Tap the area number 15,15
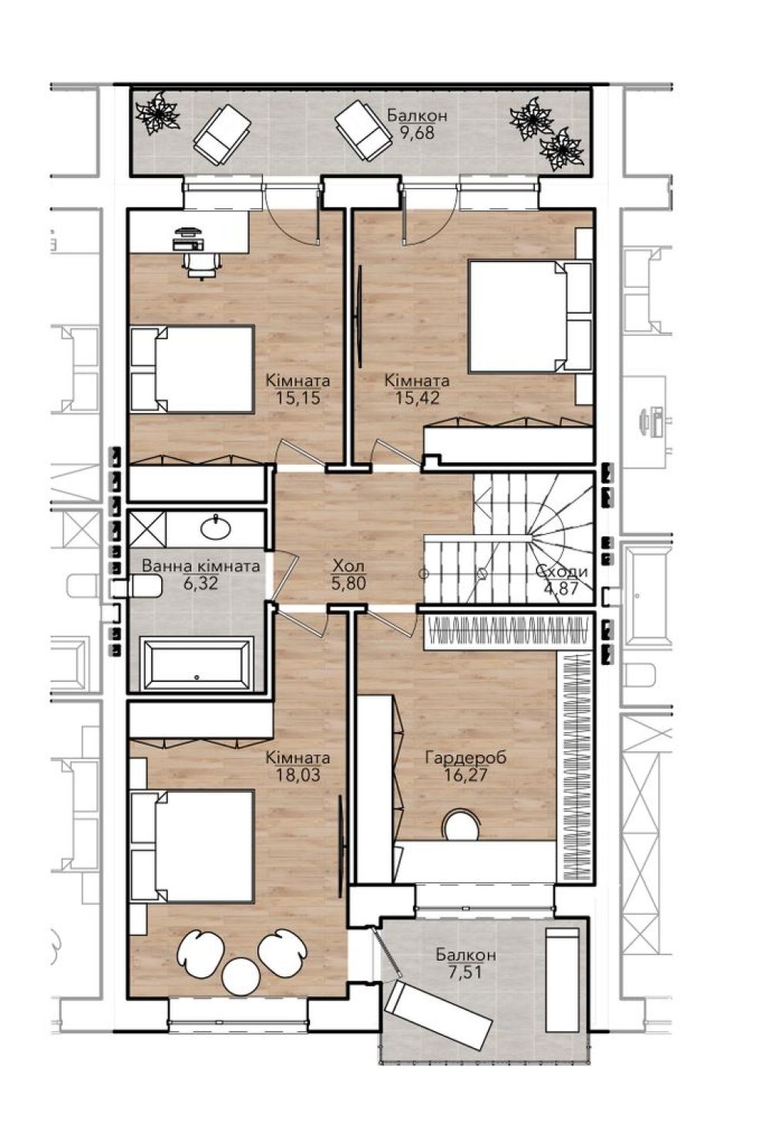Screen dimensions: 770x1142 (x=298, y=398)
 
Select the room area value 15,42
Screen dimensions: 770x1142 (x=417, y=398)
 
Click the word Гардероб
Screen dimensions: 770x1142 (x=466, y=758)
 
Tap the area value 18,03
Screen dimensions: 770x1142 (x=298, y=775)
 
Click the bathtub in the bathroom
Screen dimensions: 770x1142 (x=198, y=663)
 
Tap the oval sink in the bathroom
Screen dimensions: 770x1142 (x=215, y=527)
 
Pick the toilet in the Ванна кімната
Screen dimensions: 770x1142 (x=138, y=586)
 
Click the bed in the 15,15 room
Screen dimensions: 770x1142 (x=192, y=369)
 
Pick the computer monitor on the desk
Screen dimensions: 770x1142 (x=190, y=230)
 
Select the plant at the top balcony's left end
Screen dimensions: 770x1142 (x=157, y=113)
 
